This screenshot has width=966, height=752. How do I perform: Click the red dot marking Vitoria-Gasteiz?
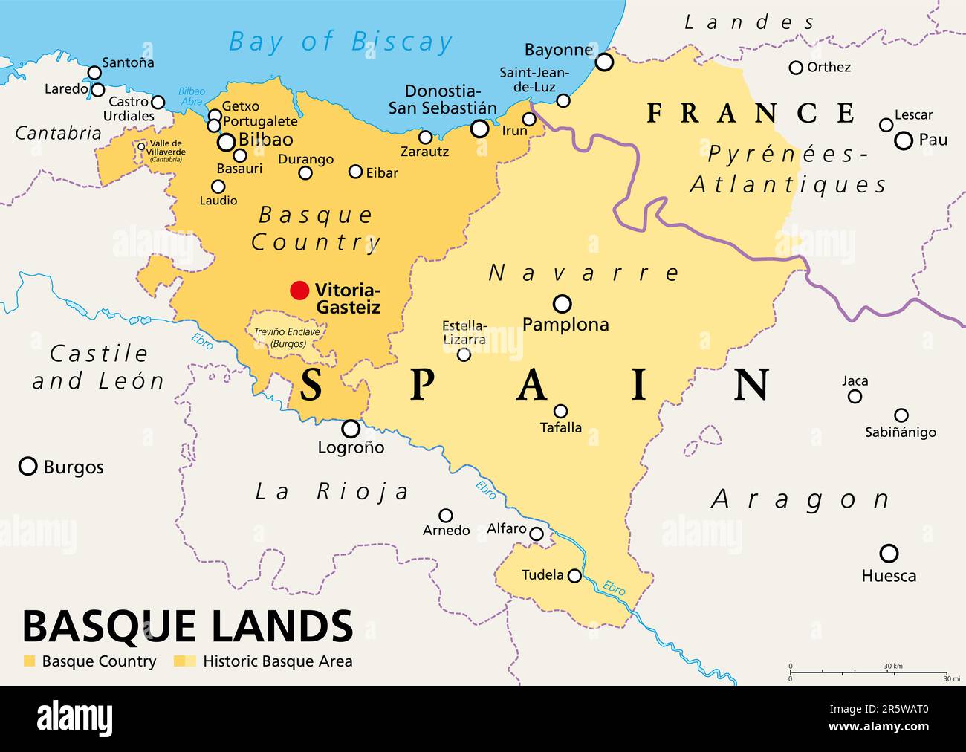pyautogui.click(x=299, y=291)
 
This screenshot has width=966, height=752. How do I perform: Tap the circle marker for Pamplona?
pyautogui.click(x=563, y=303)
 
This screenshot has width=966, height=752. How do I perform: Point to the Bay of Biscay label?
pyautogui.click(x=340, y=42)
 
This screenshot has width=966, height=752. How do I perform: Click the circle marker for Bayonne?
pyautogui.click(x=605, y=62)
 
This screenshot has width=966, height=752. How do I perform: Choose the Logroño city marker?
pyautogui.click(x=351, y=429)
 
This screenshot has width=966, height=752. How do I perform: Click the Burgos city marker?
pyautogui.click(x=28, y=466)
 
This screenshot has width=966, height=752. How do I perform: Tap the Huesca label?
pyautogui.click(x=889, y=576)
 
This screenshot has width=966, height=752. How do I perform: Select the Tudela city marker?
pyautogui.click(x=574, y=575)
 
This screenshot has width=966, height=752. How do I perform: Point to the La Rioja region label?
pyautogui.click(x=332, y=491)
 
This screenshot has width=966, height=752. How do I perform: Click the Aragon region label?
pyautogui.click(x=800, y=499)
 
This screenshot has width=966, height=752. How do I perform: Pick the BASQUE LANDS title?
pyautogui.click(x=187, y=626)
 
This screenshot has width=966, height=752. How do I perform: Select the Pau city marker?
pyautogui.click(x=904, y=140)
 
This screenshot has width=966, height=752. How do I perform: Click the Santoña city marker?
pyautogui.click(x=94, y=72)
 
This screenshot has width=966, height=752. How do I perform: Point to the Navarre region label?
pyautogui.click(x=583, y=273)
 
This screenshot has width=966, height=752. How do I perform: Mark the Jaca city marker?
pyautogui.click(x=855, y=396)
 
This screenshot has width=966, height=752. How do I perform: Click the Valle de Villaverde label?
pyautogui.click(x=166, y=148)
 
